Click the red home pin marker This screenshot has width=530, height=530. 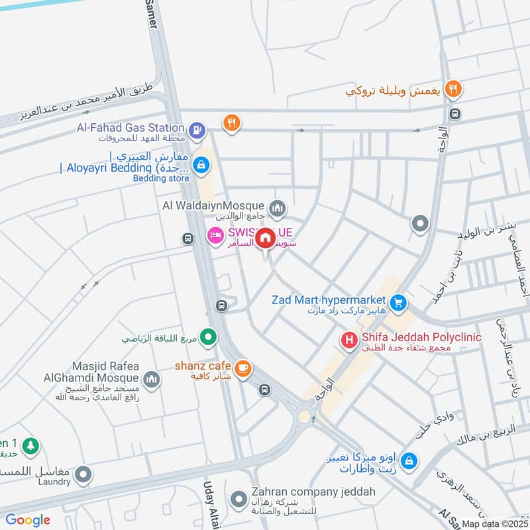pyautogui.click(x=265, y=237)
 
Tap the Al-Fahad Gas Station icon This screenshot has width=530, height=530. pyautogui.click(x=196, y=131)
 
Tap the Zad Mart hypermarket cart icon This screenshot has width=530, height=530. pyautogui.click(x=397, y=303)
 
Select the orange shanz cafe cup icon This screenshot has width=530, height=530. pyautogui.click(x=243, y=368)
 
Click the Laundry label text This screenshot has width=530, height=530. pyautogui.click(x=54, y=482)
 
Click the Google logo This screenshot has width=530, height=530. pyautogui.click(x=28, y=519)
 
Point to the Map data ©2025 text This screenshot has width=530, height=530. pyautogui.click(x=494, y=523)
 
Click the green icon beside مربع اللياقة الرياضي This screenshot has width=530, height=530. pyautogui.click(x=209, y=338)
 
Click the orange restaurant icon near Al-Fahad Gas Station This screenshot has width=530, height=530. pyautogui.click(x=231, y=125)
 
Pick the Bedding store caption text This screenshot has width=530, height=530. pyautogui.click(x=161, y=178)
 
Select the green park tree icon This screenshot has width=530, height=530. pyautogui.click(x=30, y=447)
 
